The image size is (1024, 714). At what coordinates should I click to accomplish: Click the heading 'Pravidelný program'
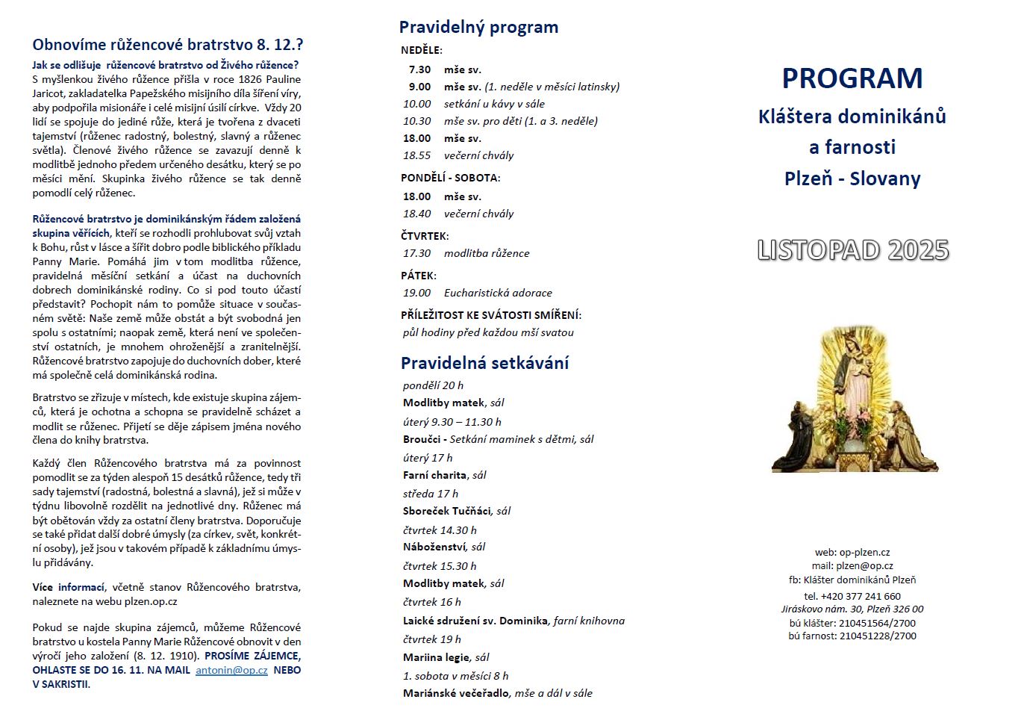478,28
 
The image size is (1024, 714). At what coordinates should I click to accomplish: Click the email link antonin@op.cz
231,670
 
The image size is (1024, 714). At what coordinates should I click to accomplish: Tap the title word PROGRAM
852,78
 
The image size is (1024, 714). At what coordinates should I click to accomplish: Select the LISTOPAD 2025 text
852,250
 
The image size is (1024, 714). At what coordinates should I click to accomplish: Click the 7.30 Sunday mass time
419,69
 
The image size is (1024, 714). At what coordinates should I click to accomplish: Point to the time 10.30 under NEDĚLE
417,121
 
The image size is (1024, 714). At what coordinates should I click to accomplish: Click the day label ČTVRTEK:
424,236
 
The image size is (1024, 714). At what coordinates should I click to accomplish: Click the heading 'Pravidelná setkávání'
484,364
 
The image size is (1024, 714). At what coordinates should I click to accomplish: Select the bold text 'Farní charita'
435,475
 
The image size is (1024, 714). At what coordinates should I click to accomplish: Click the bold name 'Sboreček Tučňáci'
447,511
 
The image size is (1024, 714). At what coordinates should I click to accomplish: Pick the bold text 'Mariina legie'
437,657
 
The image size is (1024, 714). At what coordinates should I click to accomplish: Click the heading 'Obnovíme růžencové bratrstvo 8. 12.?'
168,45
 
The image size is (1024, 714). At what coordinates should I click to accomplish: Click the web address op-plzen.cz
864,553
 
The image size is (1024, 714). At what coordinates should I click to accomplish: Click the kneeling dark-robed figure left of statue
796,441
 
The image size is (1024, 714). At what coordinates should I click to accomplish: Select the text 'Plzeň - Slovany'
852,179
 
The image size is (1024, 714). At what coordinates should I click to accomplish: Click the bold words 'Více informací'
69,587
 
